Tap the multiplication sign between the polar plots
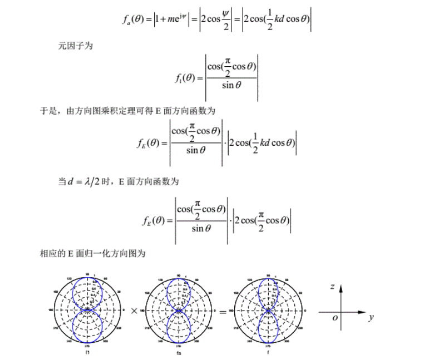click(x=134, y=311)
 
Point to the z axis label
click(x=332, y=288)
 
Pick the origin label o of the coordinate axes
click(x=335, y=318)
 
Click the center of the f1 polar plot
click(x=87, y=310)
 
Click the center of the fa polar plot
click(x=179, y=310)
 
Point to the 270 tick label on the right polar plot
click(x=269, y=346)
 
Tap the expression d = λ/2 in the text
click(x=87, y=181)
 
